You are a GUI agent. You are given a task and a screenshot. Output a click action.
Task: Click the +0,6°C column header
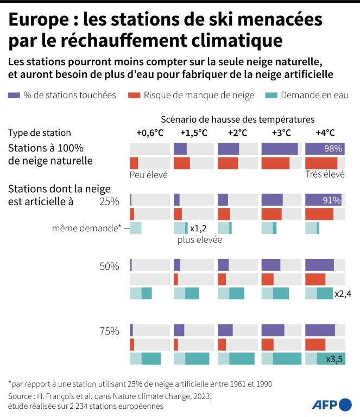(149, 133)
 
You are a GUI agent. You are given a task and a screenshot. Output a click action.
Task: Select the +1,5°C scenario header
(194, 133)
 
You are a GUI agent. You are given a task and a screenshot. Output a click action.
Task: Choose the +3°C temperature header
(281, 133)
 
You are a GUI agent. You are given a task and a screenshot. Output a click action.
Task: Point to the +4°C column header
(325, 133)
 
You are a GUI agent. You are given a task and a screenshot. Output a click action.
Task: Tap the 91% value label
(331, 200)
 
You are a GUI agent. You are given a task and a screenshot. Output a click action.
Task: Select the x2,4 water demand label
(343, 294)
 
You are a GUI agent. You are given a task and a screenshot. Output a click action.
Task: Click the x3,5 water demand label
(334, 359)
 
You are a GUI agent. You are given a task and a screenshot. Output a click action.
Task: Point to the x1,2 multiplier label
(198, 229)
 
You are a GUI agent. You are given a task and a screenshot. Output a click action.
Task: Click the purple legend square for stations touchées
(15, 96)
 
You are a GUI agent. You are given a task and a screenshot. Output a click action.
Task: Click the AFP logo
(332, 404)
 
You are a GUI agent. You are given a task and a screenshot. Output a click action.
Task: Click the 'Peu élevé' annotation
(148, 175)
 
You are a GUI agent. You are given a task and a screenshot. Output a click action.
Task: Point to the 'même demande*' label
(94, 229)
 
